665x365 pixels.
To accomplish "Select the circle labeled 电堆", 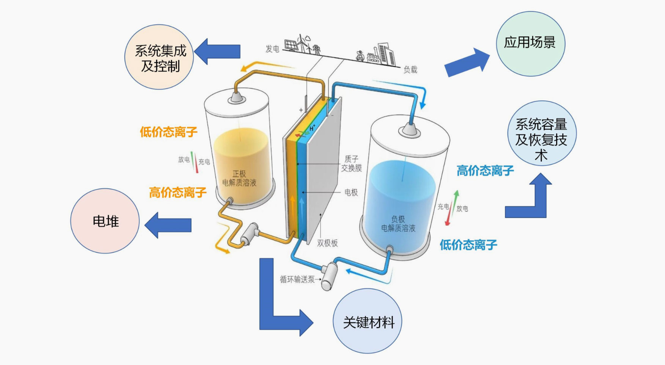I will click(105, 221).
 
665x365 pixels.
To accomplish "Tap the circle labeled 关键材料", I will click(367, 321).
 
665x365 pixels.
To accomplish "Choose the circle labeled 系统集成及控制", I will click(159, 57).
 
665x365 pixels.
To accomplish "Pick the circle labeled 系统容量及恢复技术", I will click(542, 134).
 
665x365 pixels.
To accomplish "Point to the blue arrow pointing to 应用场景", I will click(467, 62).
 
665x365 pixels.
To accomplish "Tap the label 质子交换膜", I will click(351, 163).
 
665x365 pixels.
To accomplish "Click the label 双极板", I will click(327, 243).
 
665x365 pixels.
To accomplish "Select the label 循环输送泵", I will click(297, 280).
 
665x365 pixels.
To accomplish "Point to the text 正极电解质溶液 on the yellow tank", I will click(239, 178).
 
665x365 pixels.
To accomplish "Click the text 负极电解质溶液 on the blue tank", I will click(398, 224).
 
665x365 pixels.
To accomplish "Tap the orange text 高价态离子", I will click(178, 193).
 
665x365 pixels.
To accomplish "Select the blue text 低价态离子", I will click(468, 245).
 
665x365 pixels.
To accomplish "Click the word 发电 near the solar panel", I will click(272, 49).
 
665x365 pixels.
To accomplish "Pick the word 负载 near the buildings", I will click(410, 70).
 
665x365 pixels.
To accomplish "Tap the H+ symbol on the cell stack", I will click(312, 128).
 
